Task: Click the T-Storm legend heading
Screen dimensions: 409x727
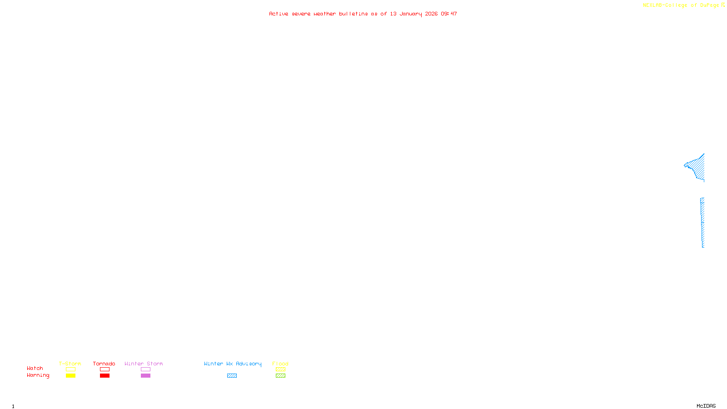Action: [x=70, y=364]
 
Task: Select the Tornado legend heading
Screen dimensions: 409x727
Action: [x=104, y=364]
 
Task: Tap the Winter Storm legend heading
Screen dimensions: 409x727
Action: [x=144, y=364]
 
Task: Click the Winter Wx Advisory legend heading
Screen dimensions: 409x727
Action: [x=233, y=364]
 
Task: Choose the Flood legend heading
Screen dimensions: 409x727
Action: [x=280, y=364]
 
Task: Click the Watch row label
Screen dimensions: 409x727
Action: [x=35, y=369]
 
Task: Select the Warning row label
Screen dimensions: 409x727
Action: [x=38, y=375]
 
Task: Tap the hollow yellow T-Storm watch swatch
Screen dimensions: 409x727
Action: [x=70, y=369]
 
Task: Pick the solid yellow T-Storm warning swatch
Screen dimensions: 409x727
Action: [x=70, y=376]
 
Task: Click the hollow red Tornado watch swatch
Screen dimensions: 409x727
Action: [x=105, y=369]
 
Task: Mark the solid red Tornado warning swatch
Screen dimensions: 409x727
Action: [x=105, y=376]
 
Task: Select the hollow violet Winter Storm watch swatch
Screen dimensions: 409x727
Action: [x=145, y=369]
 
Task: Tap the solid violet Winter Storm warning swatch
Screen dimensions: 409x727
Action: [x=145, y=376]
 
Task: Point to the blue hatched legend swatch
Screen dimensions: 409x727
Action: [x=232, y=376]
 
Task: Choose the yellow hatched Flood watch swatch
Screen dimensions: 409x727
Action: [x=280, y=369]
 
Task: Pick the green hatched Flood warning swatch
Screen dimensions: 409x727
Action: [x=280, y=376]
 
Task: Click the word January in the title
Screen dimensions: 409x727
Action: [x=411, y=14]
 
